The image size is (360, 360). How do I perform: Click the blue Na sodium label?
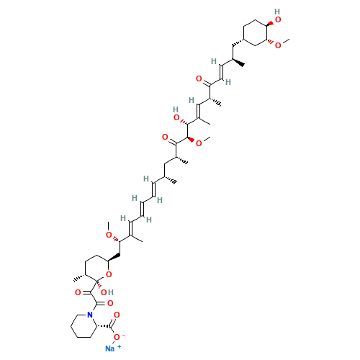[x=109, y=348]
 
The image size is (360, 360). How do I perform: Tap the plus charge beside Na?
[x=118, y=346]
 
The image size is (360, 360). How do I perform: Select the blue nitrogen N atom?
[x=89, y=315]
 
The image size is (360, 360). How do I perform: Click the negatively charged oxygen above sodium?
[x=117, y=336]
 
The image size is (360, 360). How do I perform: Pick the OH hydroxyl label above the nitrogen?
[x=107, y=292]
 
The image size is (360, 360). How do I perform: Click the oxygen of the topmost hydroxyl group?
[x=278, y=19]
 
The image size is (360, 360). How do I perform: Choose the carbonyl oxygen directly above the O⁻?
[x=117, y=315]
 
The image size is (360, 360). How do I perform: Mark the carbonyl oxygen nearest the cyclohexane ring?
[x=199, y=77]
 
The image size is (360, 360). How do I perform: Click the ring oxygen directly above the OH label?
[x=108, y=274]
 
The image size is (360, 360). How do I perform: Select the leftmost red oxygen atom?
[x=78, y=292]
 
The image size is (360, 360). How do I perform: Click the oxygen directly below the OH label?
[x=109, y=303]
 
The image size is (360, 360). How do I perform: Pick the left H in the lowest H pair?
[x=123, y=217]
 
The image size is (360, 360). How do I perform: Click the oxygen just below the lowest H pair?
[x=109, y=235]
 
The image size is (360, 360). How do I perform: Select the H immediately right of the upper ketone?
[x=228, y=81]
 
